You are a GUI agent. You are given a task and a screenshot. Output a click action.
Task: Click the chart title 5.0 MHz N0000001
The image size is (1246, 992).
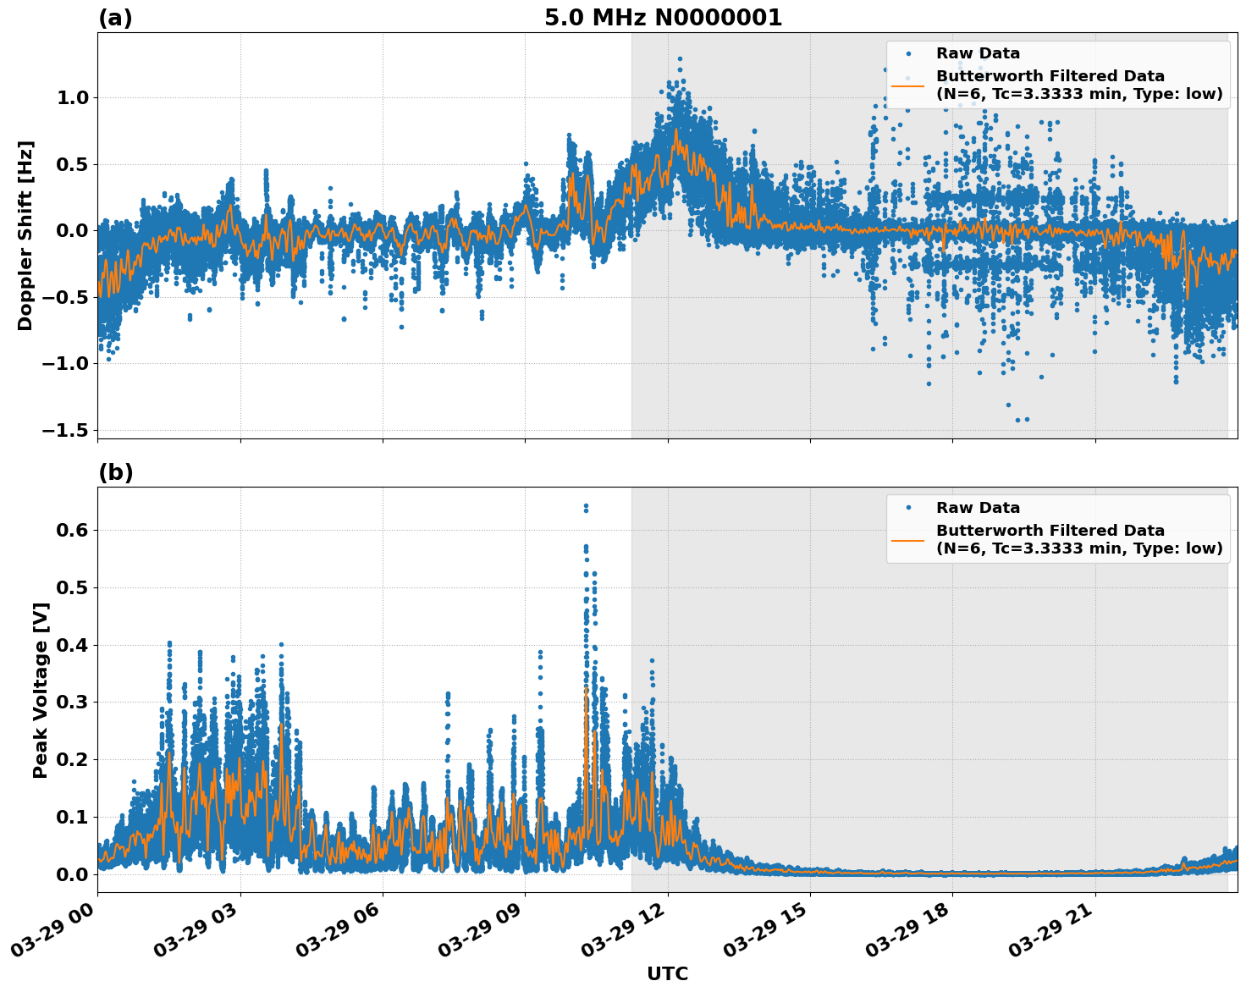(x=663, y=18)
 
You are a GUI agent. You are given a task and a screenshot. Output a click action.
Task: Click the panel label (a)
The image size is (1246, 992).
(x=115, y=18)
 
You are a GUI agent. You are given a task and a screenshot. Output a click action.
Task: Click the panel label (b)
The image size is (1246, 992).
(x=115, y=472)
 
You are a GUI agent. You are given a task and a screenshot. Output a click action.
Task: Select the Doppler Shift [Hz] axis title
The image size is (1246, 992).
(x=25, y=235)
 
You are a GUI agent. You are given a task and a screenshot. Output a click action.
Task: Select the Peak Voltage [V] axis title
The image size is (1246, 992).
(x=40, y=690)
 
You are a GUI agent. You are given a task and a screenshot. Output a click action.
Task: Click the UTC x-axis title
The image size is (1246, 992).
(x=667, y=973)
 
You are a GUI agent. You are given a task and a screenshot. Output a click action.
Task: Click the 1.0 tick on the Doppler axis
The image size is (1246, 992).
(x=72, y=97)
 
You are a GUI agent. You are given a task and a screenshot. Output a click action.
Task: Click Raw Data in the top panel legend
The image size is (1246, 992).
(x=978, y=53)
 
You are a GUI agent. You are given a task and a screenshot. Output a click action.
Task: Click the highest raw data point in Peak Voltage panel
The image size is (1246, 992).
(x=585, y=506)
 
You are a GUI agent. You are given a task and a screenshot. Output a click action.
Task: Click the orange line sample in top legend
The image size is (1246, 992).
(x=907, y=85)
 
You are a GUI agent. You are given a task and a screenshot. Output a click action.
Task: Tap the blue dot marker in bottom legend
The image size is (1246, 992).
(x=907, y=508)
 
